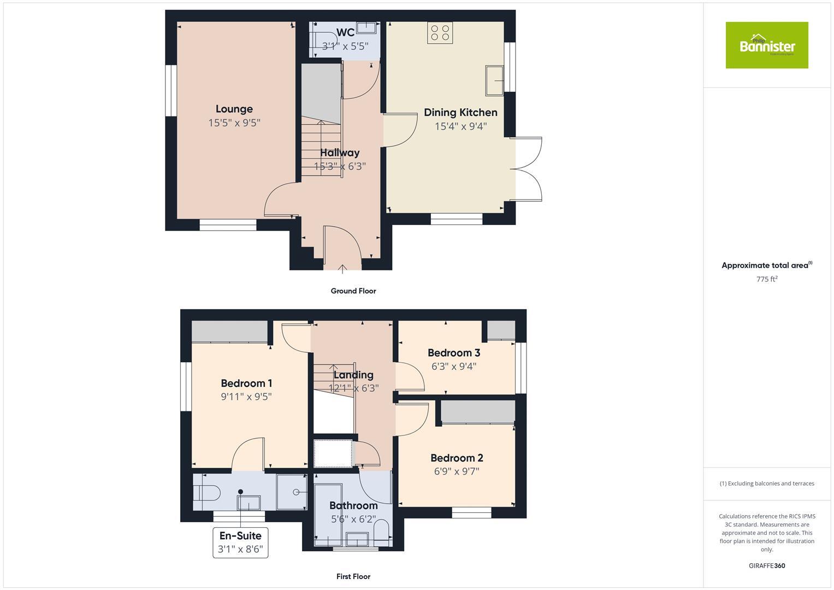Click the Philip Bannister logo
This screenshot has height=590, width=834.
coord(766,45)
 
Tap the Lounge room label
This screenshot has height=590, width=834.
coord(234,109)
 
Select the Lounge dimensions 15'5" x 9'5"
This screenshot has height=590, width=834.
coord(234,123)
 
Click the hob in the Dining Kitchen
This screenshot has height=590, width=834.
coord(440,32)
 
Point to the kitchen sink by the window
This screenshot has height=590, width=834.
coord(494,80)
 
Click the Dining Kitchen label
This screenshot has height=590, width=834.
coord(460,113)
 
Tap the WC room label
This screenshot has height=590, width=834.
coord(345,32)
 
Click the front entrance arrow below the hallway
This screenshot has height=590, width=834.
coord(342,268)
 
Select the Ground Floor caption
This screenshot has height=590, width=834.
coord(353,291)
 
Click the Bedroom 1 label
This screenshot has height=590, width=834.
coord(246,383)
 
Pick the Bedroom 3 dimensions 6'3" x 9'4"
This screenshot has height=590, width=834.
coord(453,367)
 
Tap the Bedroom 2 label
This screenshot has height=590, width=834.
coord(457,458)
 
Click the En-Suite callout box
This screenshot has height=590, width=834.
coord(240,542)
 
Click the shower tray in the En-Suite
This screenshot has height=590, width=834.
coord(292,491)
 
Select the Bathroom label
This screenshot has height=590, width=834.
coord(353,505)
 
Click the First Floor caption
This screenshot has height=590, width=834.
coord(353,576)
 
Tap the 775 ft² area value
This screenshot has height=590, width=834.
coord(766,279)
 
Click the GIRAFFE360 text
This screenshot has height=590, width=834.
coord(766,566)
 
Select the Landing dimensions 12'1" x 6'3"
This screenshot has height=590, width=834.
coord(353,388)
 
